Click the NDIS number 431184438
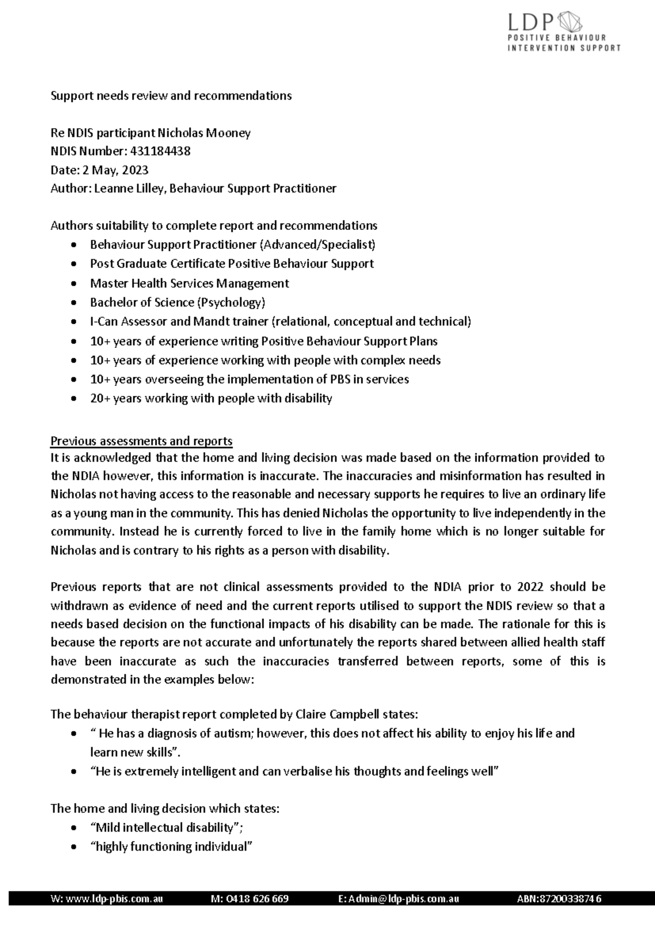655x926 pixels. [161, 151]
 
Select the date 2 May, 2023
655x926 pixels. [115, 170]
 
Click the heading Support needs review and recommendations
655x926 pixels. [171, 96]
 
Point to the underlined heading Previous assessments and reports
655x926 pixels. [141, 441]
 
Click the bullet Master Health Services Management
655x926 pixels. [189, 283]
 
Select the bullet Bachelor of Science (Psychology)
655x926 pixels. [177, 302]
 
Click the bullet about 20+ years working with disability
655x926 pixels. [211, 398]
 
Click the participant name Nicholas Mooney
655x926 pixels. [204, 133]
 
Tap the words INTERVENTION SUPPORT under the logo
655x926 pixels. [564, 48]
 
